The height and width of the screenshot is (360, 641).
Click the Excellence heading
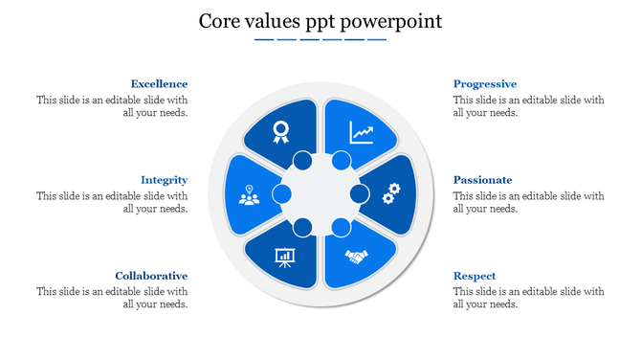pos(159,84)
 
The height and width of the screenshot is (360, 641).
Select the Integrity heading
pos(164,180)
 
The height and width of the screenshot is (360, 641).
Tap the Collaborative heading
pos(151,276)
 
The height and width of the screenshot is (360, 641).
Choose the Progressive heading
pos(484,84)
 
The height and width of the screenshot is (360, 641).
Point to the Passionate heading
pos(482,180)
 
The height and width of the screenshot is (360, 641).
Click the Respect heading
pos(475,276)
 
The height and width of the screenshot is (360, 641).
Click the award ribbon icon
pos(280,131)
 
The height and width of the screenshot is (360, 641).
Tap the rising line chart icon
pos(362,131)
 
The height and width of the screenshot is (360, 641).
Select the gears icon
pos(390,194)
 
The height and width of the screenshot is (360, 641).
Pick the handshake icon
pos(357,257)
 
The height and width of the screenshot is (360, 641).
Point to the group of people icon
pos(250,195)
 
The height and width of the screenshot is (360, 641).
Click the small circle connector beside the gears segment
pos(360,194)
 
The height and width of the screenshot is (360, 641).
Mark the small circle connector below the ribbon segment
pos(302,160)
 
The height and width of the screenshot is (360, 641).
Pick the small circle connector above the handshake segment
pos(341,228)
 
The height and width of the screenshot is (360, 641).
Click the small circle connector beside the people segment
pos(281,194)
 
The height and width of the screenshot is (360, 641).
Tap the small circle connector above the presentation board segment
pos(302,228)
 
